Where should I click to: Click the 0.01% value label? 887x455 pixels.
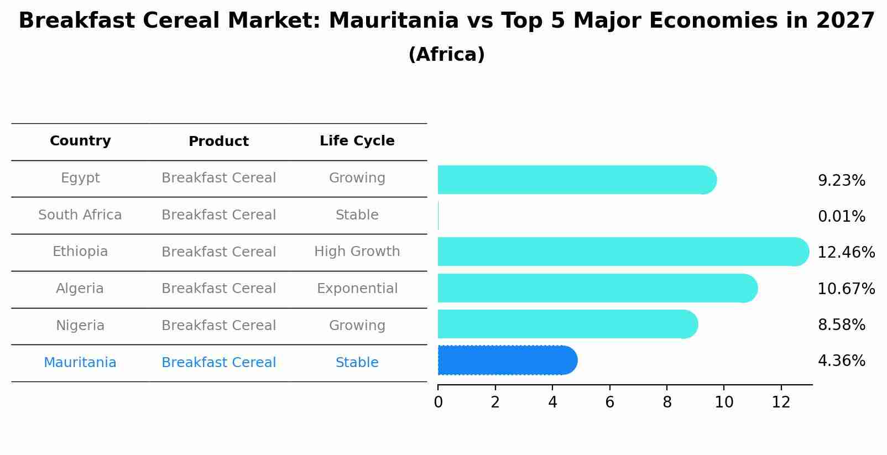[841, 217]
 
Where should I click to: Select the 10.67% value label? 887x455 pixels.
[846, 289]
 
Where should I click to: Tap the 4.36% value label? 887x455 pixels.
[841, 361]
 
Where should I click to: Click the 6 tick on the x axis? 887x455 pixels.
[609, 402]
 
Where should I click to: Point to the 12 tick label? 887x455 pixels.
[781, 402]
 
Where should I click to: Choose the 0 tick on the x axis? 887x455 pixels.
[438, 402]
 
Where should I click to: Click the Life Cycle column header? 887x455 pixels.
[357, 141]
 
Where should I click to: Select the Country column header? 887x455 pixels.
[80, 141]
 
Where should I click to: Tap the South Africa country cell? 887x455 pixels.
[80, 215]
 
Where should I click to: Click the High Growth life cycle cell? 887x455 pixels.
[357, 252]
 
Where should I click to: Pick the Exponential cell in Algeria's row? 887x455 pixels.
[357, 289]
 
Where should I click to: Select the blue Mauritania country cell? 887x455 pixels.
[80, 363]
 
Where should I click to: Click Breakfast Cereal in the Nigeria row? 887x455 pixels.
[218, 326]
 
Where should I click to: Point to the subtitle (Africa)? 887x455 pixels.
[446, 55]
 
